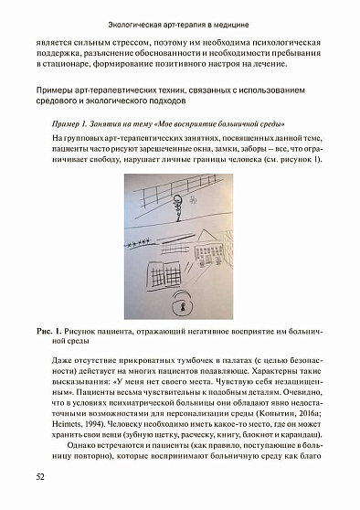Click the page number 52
40,476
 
